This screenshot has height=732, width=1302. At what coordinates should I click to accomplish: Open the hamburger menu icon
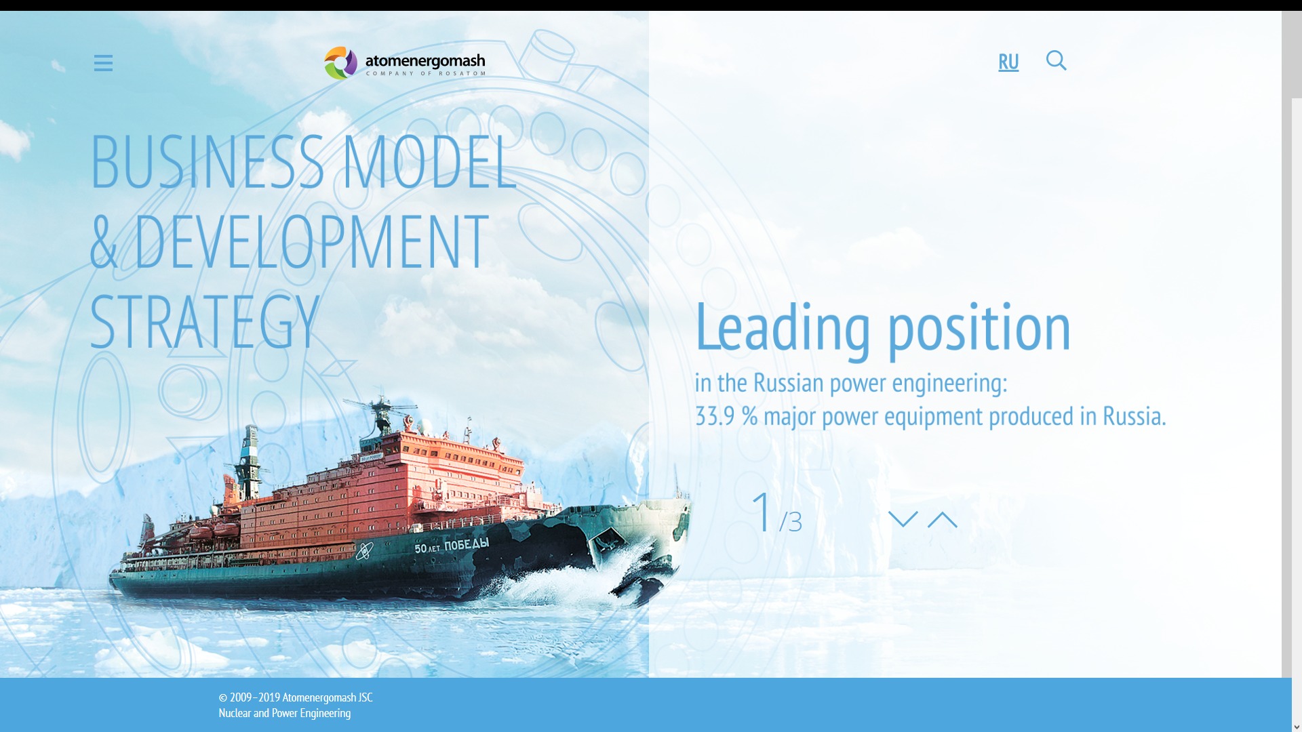103,63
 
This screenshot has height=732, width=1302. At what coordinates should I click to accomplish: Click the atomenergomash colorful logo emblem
340,63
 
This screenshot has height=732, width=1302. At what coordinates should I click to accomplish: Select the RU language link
1008,62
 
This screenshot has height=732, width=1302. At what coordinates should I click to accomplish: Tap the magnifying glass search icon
1056,60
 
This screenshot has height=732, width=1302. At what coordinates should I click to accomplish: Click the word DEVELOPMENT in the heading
311,241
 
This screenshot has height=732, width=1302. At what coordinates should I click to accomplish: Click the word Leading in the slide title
783,328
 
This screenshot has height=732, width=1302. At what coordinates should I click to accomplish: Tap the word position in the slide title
979,328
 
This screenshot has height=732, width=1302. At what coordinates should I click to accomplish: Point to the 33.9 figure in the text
715,416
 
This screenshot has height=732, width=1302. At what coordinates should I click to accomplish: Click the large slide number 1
762,512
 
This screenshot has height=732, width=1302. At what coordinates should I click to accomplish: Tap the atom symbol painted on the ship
365,551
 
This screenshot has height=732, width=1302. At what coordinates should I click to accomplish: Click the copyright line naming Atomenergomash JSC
296,697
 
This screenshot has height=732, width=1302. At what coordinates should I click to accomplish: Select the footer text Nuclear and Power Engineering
285,713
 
